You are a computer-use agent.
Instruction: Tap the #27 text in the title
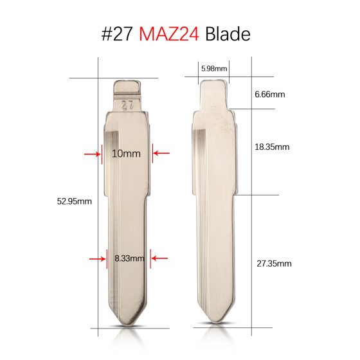119,33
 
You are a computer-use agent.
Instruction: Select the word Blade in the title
228,33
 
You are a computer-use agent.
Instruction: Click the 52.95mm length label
75,201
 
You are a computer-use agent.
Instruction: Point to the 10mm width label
126,154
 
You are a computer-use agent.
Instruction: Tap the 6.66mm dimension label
269,94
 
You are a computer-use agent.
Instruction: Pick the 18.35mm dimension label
272,147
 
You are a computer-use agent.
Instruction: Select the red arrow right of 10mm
161,154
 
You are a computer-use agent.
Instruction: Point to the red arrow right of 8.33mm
159,258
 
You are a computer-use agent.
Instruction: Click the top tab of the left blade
127,87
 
